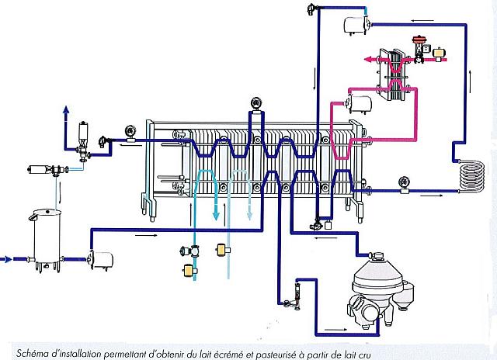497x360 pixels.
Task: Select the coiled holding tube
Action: tap(472, 178)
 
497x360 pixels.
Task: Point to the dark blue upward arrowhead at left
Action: tap(66, 109)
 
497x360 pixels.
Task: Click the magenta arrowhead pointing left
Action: tap(367, 60)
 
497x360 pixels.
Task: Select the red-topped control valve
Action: tap(419, 50)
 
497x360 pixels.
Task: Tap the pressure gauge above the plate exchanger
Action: tap(256, 104)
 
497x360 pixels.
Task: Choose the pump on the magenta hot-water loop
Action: tap(359, 105)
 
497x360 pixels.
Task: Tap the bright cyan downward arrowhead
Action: tap(216, 216)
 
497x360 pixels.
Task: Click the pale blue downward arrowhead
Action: tap(250, 216)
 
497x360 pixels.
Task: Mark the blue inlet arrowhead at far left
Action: tap(8, 260)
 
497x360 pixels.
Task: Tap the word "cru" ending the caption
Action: tap(363, 355)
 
